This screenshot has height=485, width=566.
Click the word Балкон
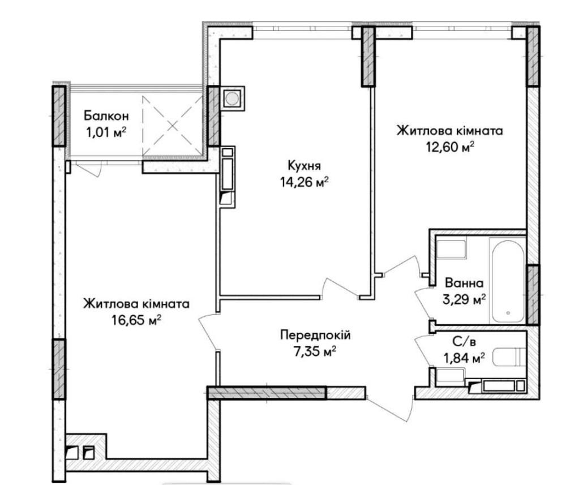(x=106, y=116)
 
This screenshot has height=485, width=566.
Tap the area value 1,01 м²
(x=106, y=133)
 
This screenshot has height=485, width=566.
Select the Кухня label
(x=304, y=166)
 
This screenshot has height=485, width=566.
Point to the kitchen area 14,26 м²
(x=304, y=182)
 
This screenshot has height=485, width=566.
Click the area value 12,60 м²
(x=450, y=147)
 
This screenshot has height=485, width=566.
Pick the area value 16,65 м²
(x=136, y=320)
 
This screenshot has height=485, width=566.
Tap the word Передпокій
(x=315, y=335)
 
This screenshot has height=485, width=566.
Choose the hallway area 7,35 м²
(x=315, y=351)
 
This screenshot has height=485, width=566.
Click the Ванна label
(x=464, y=282)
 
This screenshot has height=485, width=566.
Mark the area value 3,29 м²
(x=464, y=299)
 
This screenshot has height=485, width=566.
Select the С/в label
(x=462, y=341)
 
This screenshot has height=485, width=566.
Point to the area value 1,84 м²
(x=464, y=358)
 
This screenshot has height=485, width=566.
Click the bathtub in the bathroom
(x=507, y=280)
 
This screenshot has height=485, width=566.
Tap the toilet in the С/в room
(x=509, y=357)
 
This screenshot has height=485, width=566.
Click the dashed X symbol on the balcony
(x=173, y=125)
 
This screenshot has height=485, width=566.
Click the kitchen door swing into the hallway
(x=341, y=287)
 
